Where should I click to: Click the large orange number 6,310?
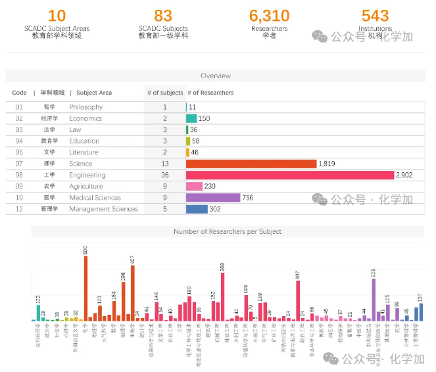tap(269, 15)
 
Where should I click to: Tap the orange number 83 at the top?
tap(163, 15)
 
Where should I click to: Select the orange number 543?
tap(375, 15)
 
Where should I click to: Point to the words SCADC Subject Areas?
tap(57, 29)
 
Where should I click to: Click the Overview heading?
tap(216, 76)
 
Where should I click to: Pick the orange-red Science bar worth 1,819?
tap(251, 164)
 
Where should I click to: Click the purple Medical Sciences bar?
tap(213, 197)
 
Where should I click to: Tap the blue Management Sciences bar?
tap(197, 209)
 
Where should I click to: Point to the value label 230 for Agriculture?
tap(210, 186)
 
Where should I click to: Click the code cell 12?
tap(19, 209)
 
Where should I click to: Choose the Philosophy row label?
tap(85, 107)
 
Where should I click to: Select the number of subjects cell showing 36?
tap(164, 175)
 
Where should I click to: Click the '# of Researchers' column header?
tap(211, 93)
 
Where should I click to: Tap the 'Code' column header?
tap(19, 93)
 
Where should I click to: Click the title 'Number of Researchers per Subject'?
tap(228, 231)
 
